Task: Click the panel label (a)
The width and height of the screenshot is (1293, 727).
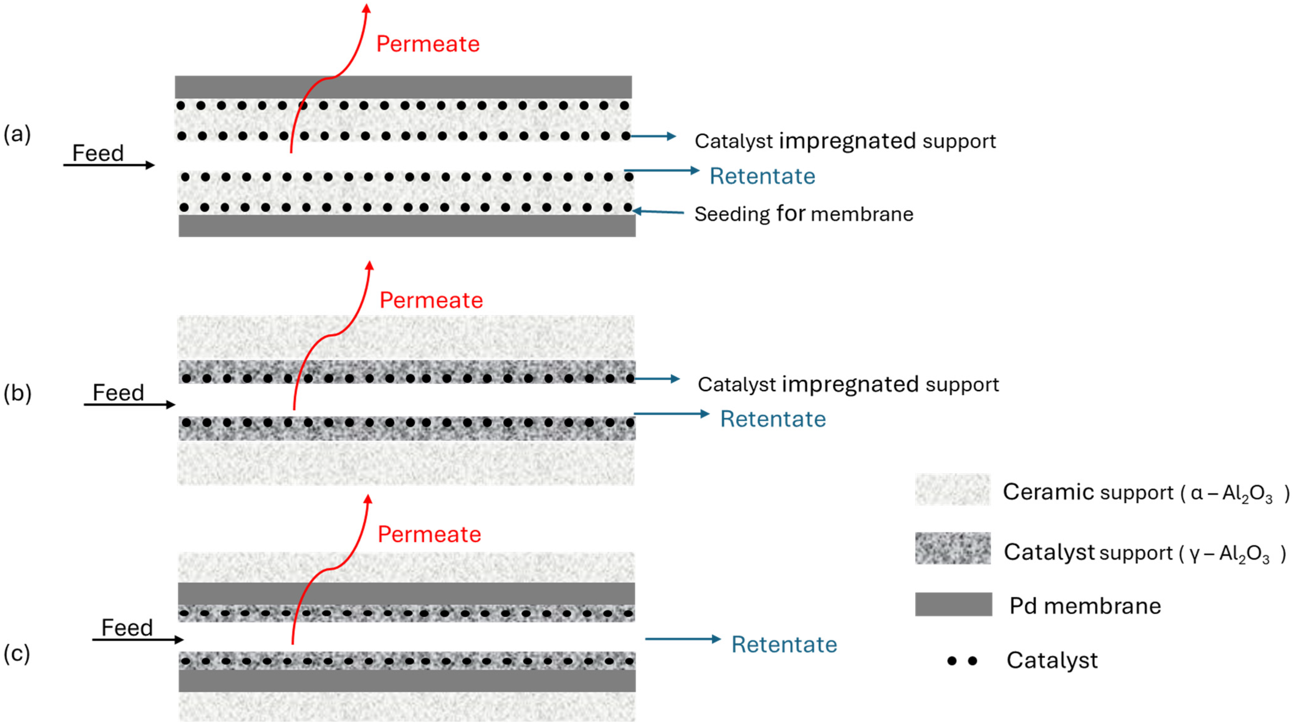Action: tap(17, 135)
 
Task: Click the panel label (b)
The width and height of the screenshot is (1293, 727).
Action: tap(17, 393)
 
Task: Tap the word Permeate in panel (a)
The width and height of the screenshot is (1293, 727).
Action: tap(428, 44)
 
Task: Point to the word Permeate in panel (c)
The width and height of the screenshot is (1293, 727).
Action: tap(429, 534)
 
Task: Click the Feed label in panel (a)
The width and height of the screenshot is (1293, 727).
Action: tap(98, 153)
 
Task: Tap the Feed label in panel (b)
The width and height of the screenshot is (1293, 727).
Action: tap(118, 393)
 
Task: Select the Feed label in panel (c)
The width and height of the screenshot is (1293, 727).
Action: tap(127, 628)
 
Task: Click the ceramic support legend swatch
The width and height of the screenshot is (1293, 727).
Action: tap(952, 490)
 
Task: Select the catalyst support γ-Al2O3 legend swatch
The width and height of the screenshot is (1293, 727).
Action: tap(952, 549)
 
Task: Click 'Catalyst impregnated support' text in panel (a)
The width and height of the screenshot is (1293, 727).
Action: tap(845, 141)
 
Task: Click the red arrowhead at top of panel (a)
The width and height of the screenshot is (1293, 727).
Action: tap(366, 8)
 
